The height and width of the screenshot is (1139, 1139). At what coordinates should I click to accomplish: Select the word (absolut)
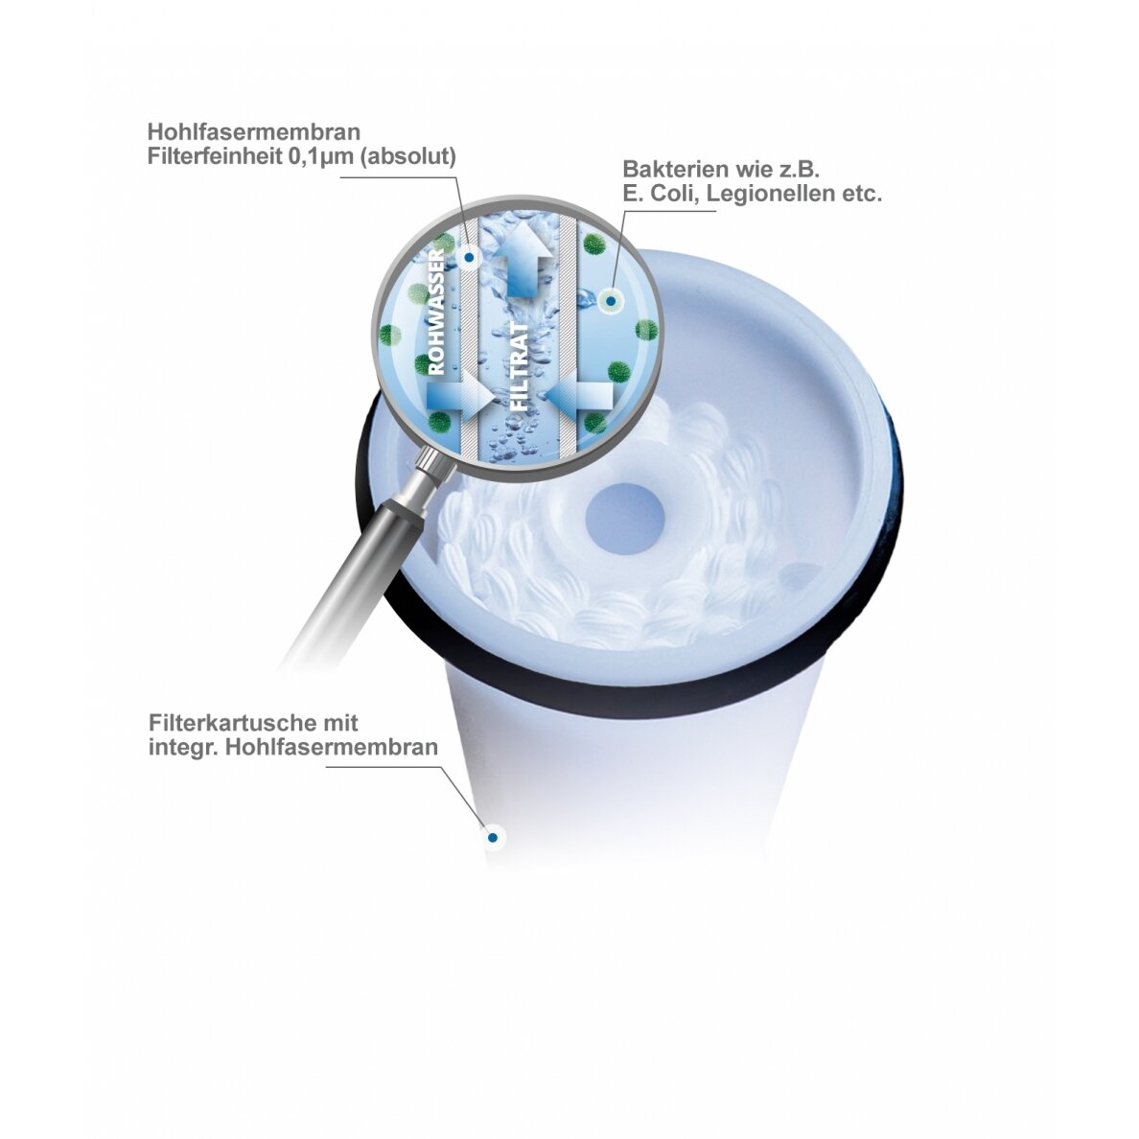click(x=408, y=157)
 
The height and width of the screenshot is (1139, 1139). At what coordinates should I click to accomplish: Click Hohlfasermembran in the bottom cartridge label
click(x=331, y=747)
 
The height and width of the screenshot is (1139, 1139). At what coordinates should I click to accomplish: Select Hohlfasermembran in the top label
click(x=254, y=131)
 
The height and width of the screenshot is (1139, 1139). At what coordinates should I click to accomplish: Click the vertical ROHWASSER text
click(x=436, y=311)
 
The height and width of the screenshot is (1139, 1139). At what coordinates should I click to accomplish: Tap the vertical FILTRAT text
click(x=520, y=367)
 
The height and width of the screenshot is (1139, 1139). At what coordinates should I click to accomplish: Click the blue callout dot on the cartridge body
click(x=493, y=838)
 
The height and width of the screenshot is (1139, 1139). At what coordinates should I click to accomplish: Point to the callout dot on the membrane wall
click(x=470, y=257)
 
